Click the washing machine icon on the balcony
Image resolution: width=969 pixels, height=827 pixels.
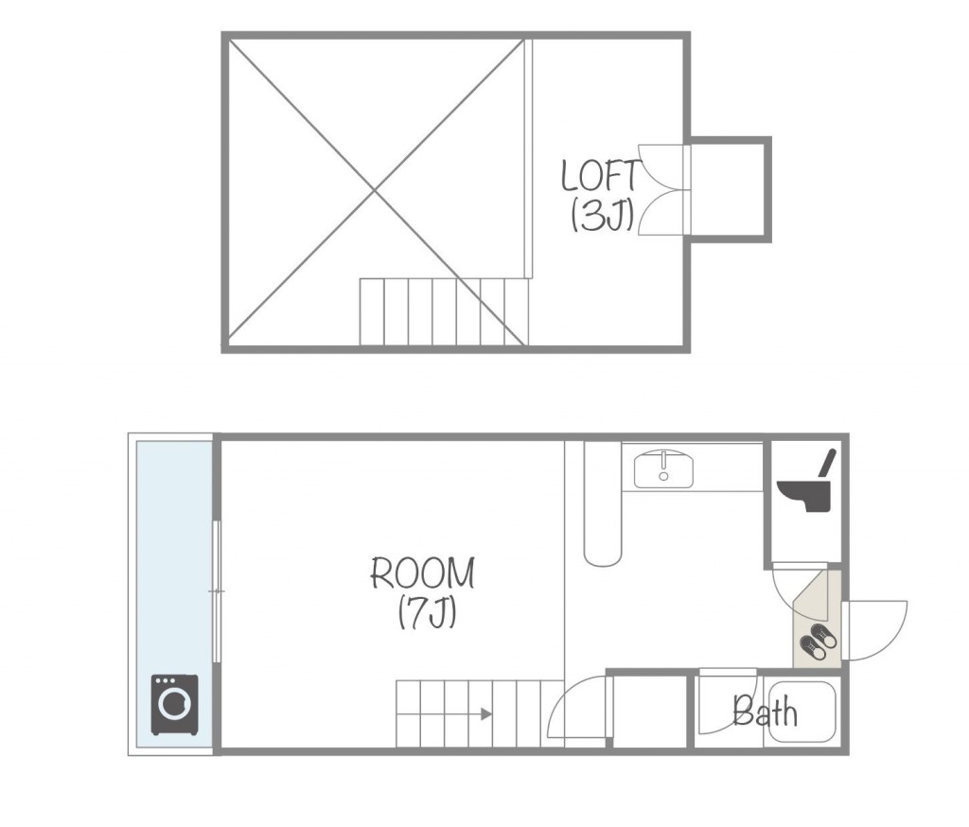click(175, 705)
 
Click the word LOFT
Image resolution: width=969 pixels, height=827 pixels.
click(600, 176)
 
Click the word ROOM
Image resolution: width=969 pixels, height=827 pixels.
click(423, 573)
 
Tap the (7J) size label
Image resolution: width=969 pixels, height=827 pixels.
click(427, 612)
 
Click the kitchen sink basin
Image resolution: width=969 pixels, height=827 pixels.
click(663, 470)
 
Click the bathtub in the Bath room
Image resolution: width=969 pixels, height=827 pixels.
click(802, 711)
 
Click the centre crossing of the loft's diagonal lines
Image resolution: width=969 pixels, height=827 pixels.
click(375, 191)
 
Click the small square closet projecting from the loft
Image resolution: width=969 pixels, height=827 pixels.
click(731, 189)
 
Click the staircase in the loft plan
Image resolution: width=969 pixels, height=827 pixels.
click(444, 311)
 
